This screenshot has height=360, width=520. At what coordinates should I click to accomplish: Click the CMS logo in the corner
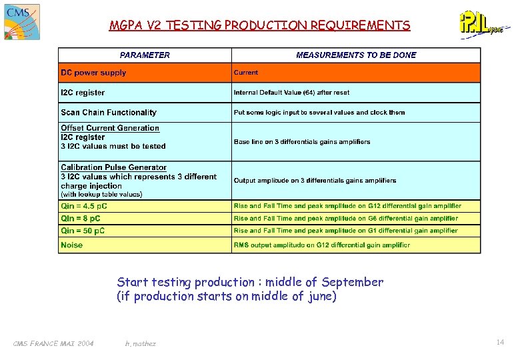(21, 21)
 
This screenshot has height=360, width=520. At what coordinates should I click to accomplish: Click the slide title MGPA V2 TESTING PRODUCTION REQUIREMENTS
(260, 26)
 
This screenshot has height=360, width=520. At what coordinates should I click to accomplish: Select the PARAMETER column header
(145, 55)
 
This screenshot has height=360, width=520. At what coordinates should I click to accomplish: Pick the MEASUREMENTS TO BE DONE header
(356, 55)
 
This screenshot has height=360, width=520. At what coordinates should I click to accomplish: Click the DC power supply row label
(93, 73)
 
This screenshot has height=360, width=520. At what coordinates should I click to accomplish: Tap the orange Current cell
(246, 73)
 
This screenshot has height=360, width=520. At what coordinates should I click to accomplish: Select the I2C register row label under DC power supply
(83, 93)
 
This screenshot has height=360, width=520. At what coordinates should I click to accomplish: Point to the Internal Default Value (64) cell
(291, 93)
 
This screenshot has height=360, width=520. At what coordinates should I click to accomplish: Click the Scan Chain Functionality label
(109, 113)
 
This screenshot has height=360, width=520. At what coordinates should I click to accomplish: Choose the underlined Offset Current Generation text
(110, 128)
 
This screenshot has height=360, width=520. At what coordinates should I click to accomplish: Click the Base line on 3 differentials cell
(302, 141)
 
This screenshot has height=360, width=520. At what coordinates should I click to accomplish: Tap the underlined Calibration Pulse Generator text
(114, 167)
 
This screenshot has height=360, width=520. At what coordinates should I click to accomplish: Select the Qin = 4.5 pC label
(84, 206)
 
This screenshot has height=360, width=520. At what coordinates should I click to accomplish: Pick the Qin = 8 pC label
(81, 218)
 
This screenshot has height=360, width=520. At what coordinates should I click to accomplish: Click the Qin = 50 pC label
(83, 231)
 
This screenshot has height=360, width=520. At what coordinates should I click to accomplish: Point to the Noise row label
(72, 245)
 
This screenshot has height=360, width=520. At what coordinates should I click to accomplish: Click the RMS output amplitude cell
(321, 245)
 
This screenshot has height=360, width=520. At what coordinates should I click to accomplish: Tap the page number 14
(499, 342)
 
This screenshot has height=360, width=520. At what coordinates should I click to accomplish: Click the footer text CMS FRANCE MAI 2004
(53, 343)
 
